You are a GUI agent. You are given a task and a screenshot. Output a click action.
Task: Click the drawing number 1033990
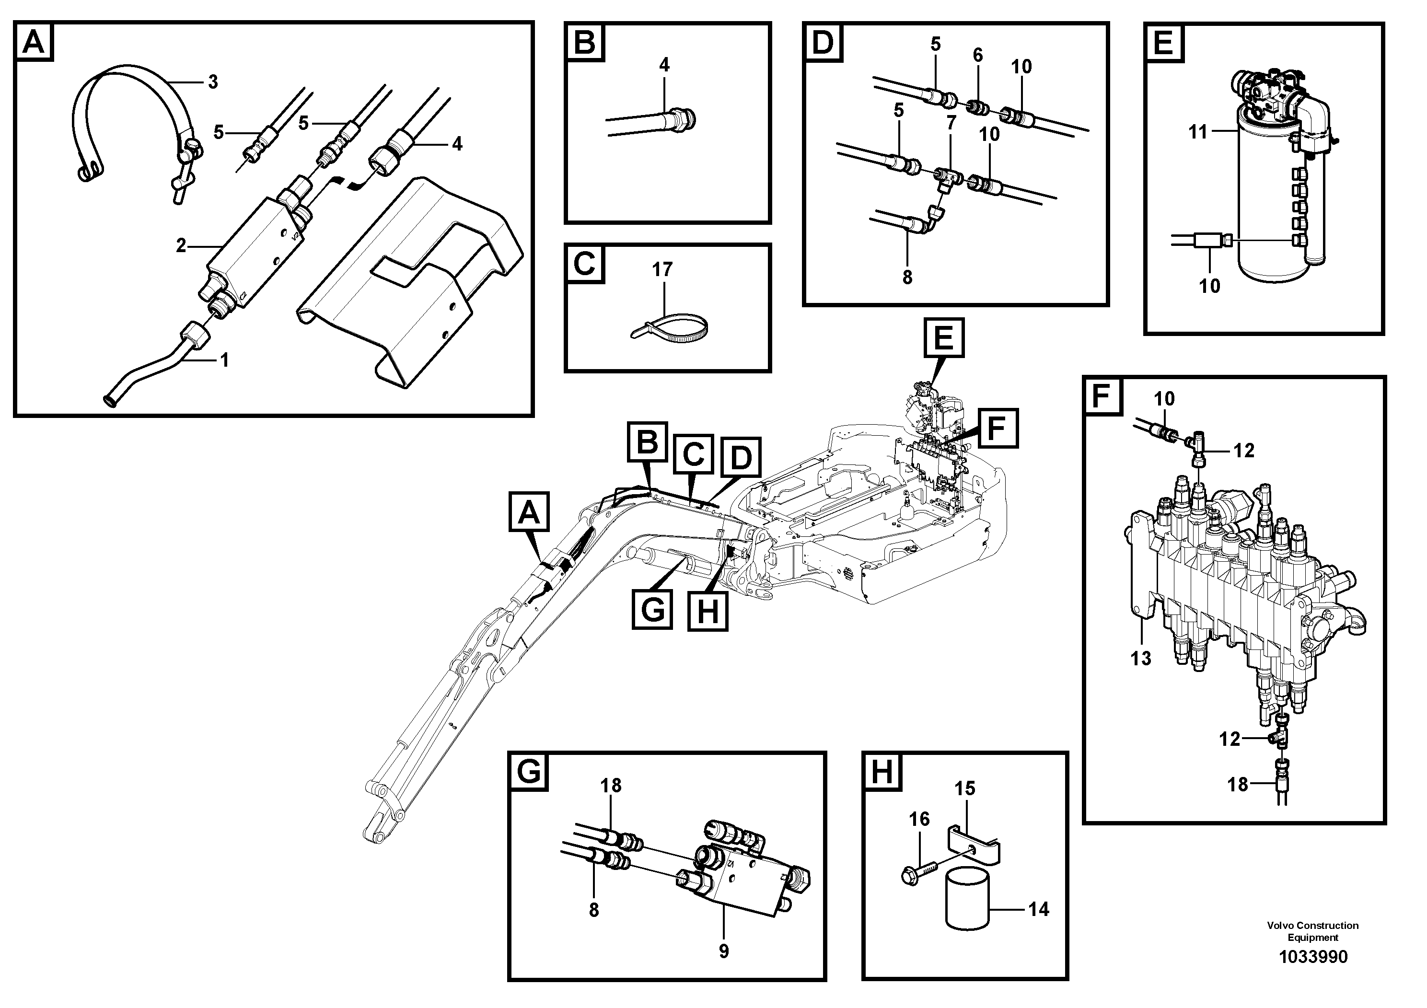pos(1312,956)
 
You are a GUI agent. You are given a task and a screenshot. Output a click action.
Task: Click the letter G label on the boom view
pos(652,609)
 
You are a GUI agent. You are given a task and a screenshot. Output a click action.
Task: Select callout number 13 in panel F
pos(1140,658)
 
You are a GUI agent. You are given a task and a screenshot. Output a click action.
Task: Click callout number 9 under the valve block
pos(723,951)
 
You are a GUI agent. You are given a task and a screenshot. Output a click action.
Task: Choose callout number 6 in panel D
pos(978,55)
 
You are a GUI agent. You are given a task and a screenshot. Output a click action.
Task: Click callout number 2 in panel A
pos(180,246)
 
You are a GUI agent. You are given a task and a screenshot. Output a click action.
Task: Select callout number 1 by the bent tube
pos(224,360)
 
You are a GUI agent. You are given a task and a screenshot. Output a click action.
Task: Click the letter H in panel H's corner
pos(882,774)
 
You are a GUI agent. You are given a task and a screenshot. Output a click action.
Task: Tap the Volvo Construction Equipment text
pos(1312,931)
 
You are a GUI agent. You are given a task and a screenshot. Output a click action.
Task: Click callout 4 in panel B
pos(664,65)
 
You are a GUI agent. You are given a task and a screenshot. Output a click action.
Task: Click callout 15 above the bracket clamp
pos(964,788)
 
